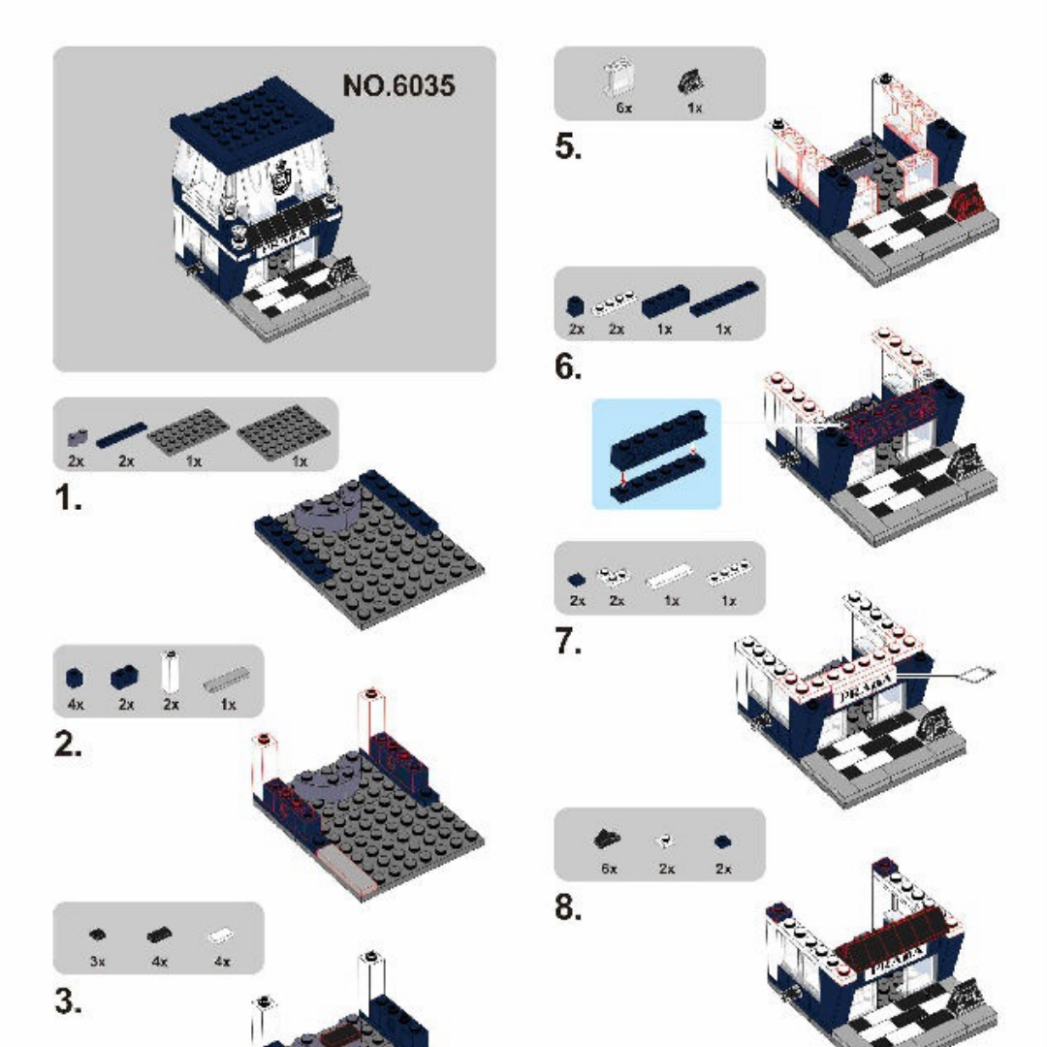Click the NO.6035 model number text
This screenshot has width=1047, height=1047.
[398, 86]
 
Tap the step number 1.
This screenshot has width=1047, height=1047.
[67, 500]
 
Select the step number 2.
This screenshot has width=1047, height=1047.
[68, 747]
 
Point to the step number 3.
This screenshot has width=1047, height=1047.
[68, 1003]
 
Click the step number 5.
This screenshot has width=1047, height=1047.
[569, 148]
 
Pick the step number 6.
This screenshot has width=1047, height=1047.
[569, 368]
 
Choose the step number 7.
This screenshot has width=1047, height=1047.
[569, 643]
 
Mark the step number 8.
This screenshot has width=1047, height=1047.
[569, 908]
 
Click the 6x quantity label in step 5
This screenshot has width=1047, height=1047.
[623, 108]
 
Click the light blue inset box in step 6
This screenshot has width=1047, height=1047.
[656, 454]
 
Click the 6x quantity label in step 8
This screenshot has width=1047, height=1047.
[609, 869]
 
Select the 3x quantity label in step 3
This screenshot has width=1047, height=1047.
[97, 962]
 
